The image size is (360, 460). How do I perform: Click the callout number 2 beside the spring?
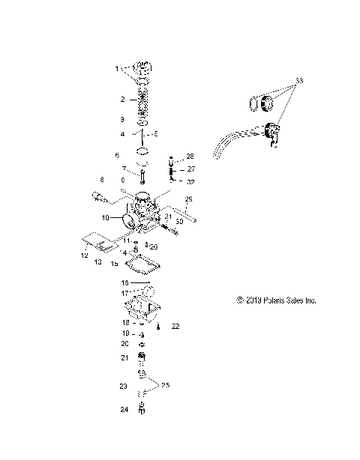click(x=123, y=99)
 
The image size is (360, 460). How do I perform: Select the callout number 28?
click(x=190, y=157)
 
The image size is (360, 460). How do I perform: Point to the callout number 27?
click(x=190, y=169)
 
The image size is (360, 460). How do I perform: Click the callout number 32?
click(x=190, y=181)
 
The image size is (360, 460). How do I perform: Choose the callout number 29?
click(x=189, y=199)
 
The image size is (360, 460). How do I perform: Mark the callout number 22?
click(x=175, y=327)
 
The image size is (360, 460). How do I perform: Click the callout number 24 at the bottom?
click(x=123, y=410)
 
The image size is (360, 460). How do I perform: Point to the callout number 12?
click(x=85, y=255)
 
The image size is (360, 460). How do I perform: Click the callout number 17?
click(x=125, y=293)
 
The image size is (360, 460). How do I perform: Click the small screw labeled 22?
click(x=159, y=326)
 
